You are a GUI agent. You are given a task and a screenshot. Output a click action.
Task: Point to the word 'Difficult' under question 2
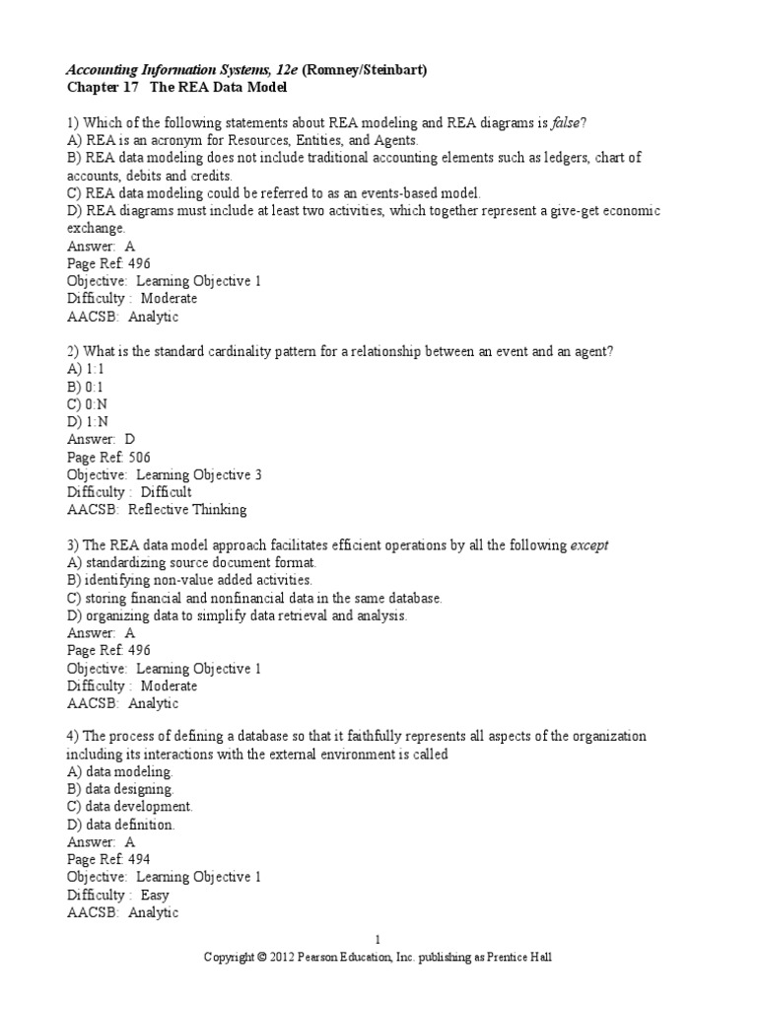pos(166,492)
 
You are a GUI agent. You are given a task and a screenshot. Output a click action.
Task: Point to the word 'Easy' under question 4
pos(155,896)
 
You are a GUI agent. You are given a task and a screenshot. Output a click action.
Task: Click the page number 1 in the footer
pos(378,941)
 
